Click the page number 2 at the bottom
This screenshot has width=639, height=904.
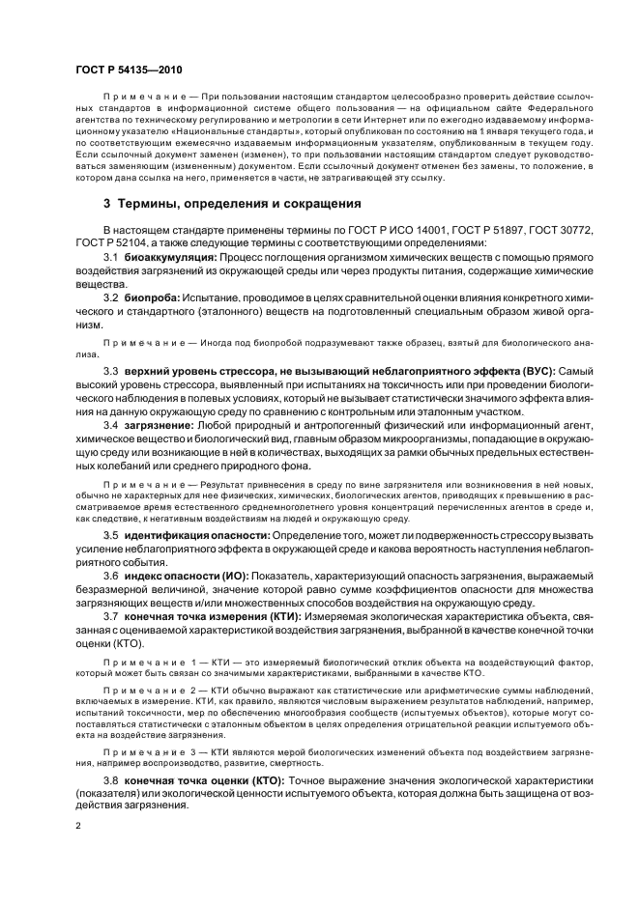coord(78,827)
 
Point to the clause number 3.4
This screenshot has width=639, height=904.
coord(111,425)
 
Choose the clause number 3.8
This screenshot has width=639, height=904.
coord(111,778)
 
